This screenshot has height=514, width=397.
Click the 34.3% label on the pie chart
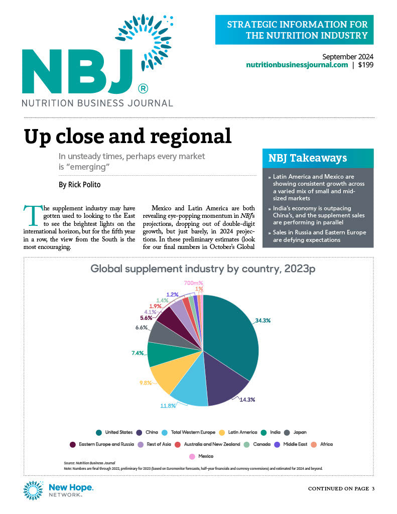click(264, 320)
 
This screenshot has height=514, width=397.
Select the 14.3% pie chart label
click(245, 400)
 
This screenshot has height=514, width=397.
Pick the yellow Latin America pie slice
click(168, 376)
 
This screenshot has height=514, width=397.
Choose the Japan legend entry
click(295, 432)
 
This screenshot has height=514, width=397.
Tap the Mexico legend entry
click(201, 456)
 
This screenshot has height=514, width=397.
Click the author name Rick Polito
click(79, 185)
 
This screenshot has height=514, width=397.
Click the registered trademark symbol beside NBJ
click(143, 89)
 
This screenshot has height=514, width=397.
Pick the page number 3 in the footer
click(373, 488)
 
